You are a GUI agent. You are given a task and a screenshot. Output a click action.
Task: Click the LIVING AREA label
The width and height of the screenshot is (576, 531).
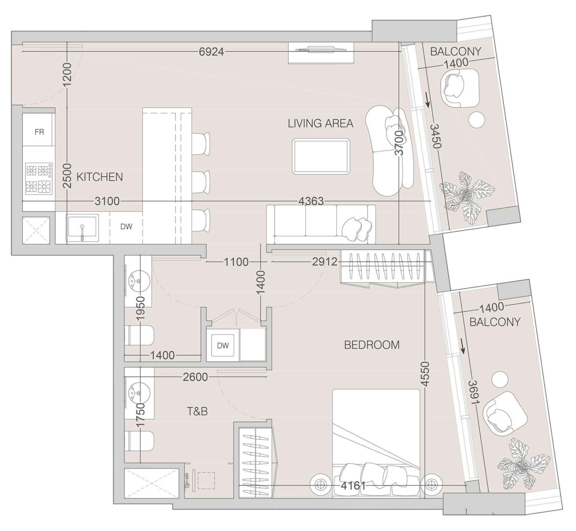[320, 123]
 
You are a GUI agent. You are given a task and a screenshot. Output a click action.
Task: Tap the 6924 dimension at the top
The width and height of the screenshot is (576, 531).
[211, 51]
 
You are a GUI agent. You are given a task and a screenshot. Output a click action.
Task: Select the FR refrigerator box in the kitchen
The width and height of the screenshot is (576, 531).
[39, 131]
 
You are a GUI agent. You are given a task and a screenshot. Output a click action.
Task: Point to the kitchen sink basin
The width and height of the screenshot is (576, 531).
[82, 228]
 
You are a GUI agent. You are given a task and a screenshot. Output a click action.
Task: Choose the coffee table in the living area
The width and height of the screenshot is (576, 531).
[321, 156]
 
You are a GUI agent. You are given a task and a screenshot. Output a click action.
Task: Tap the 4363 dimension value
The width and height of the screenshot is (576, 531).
[311, 201]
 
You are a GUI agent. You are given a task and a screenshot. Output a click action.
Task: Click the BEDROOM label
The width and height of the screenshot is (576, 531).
[371, 345]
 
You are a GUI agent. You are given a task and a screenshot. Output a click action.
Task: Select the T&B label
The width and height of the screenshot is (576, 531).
[197, 411]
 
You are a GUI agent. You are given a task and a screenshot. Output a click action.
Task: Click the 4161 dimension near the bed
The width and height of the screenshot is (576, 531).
[353, 486]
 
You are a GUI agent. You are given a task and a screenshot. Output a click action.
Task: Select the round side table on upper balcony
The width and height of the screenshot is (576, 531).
[478, 119]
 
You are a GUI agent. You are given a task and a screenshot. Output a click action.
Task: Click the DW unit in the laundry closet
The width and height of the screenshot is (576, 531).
[222, 345]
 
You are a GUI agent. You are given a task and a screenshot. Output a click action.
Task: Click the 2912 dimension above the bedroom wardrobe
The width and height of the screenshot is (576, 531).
[324, 262]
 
